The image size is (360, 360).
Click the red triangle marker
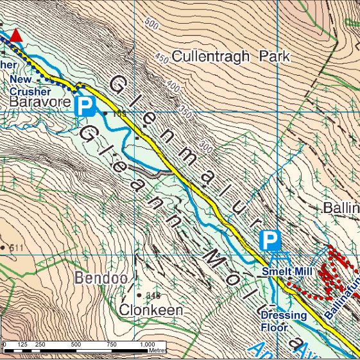point(16,37)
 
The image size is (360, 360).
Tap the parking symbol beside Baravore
point(84,107)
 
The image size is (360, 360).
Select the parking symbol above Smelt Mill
point(270,241)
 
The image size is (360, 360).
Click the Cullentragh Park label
point(231,56)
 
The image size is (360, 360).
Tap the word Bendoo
point(97,279)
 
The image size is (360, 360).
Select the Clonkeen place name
point(151,310)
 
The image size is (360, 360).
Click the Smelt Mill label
point(286,272)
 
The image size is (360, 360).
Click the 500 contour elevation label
point(151,25)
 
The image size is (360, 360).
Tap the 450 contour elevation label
point(161,59)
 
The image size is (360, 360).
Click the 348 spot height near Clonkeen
point(153,296)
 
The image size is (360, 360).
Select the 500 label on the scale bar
point(75,344)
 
